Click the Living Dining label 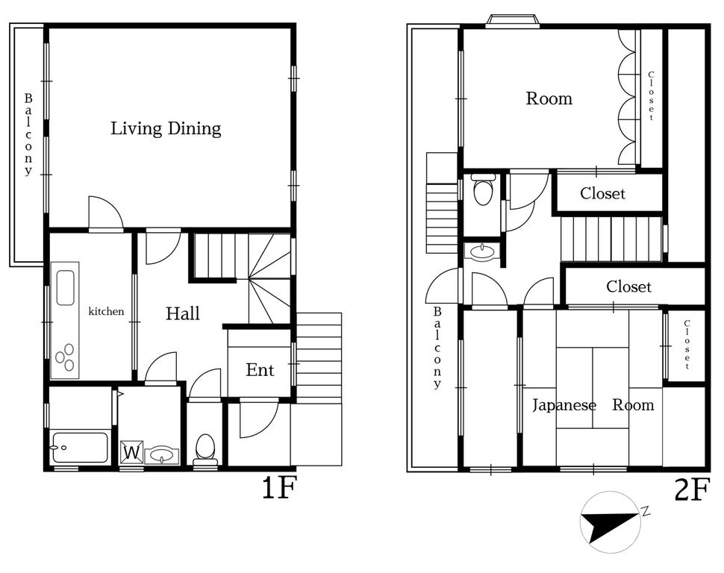coord(166,128)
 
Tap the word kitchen coord(106,311)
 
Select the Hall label coord(183,313)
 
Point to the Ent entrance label coord(260,369)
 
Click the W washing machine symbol coord(131,452)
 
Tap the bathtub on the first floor coord(81,447)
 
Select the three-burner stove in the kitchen coord(65,357)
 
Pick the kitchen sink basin coord(65,288)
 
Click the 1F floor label coord(279,488)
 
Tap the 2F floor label coord(691,489)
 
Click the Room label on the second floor coord(549,98)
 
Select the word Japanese coord(564,405)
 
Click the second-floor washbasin coord(482,252)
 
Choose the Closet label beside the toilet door coord(602,193)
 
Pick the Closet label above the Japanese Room coord(628,286)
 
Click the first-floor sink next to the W coord(162,455)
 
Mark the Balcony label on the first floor coord(28,134)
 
